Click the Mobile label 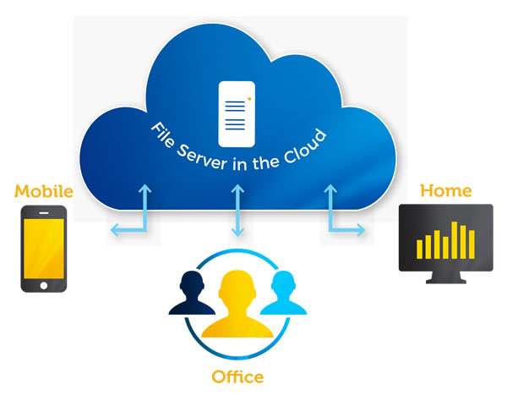44,192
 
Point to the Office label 237,376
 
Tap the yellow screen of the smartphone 44,245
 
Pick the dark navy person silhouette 193,299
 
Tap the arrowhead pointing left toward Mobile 112,230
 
